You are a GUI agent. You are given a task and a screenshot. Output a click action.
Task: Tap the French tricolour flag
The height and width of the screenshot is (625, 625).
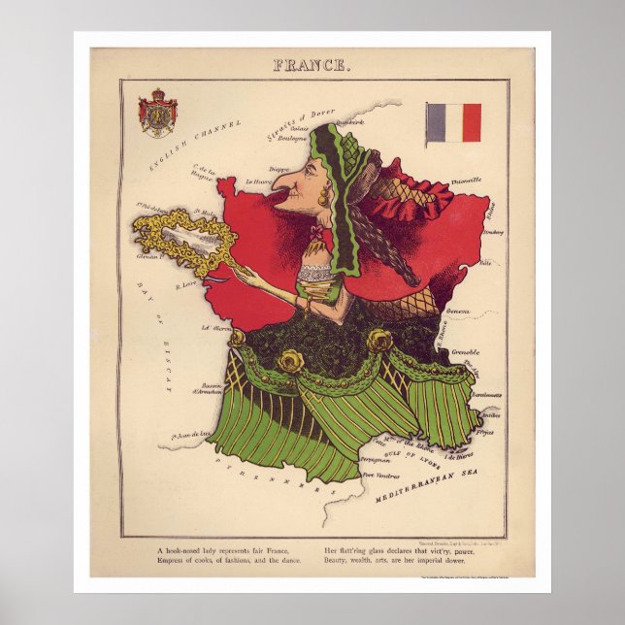[454, 122]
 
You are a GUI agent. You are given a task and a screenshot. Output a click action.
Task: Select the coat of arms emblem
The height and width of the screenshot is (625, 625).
[158, 113]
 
